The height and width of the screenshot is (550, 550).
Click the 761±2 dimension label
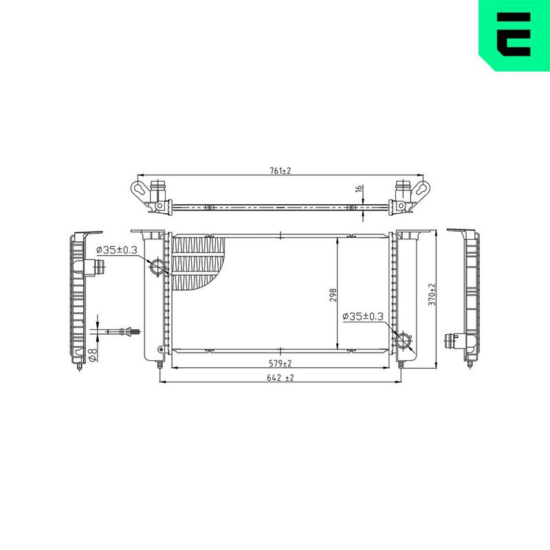(x=280, y=170)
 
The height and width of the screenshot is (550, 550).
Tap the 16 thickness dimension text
(x=358, y=188)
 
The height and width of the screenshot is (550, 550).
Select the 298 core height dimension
(x=333, y=295)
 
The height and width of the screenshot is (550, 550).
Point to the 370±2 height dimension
(x=432, y=295)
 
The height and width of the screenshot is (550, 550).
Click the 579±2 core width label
(x=280, y=364)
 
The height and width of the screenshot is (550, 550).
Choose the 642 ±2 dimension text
(x=280, y=377)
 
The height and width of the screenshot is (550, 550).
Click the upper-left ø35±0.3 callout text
(x=116, y=250)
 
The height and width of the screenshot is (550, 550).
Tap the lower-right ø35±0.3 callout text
(x=363, y=316)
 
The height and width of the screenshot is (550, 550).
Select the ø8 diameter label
(x=93, y=355)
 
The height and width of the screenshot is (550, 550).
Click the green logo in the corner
(x=514, y=35)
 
